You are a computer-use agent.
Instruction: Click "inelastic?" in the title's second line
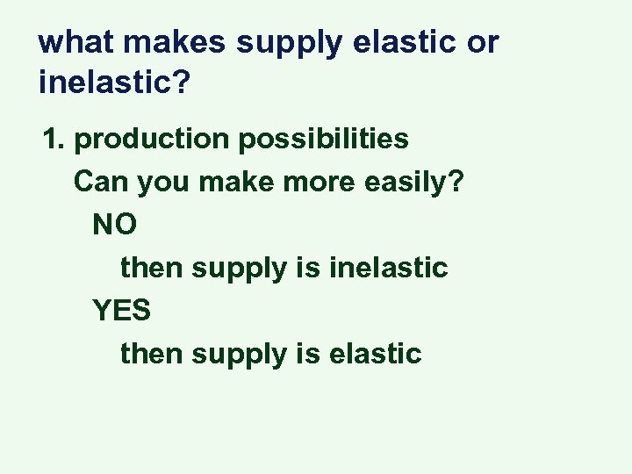click(x=114, y=83)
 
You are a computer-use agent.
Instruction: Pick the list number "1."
click(x=55, y=139)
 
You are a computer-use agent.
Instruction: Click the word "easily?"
click(x=414, y=182)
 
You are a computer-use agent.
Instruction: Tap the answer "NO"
click(x=114, y=224)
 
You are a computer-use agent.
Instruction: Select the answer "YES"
click(x=122, y=310)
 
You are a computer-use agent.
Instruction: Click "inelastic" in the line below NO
click(x=388, y=267)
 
